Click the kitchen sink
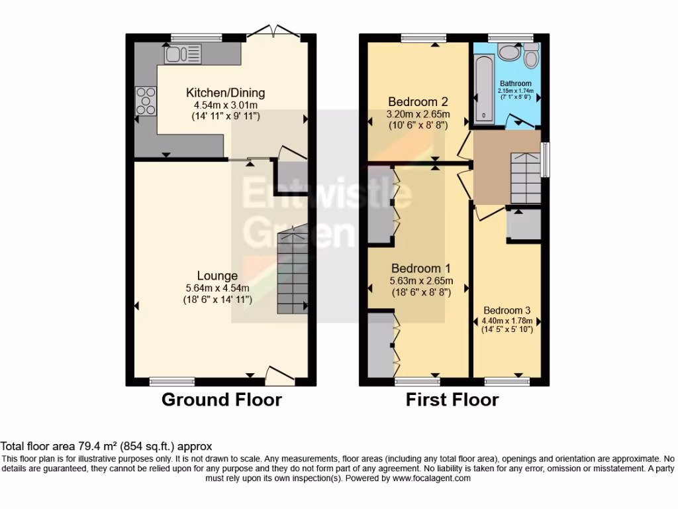[183, 54]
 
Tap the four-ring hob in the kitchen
[146, 101]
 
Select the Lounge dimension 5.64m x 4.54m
[217, 288]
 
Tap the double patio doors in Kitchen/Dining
[273, 31]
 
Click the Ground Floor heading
[221, 400]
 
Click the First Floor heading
[452, 400]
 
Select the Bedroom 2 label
[418, 101]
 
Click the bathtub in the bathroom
[484, 89]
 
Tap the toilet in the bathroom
[530, 58]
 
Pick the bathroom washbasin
[508, 52]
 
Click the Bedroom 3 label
[507, 310]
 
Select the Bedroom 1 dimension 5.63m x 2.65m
[420, 280]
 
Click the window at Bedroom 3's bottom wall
[507, 382]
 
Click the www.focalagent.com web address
[432, 478]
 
